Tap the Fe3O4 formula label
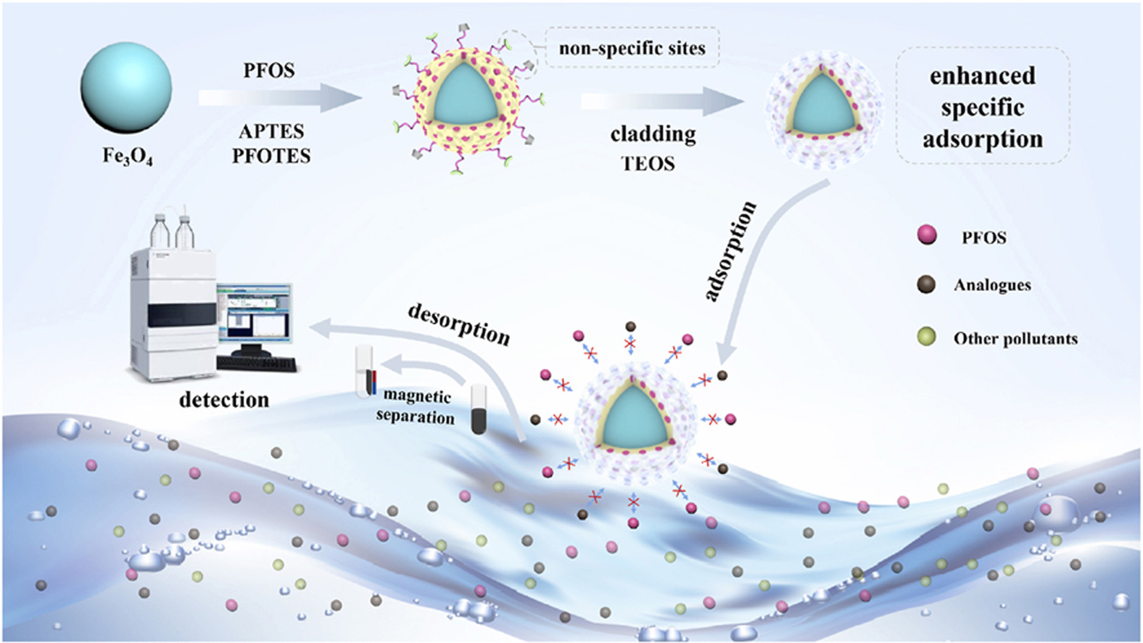(x=128, y=156)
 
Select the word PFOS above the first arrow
(x=269, y=70)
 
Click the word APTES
(x=271, y=131)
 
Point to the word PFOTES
(x=271, y=155)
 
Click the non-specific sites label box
(x=632, y=48)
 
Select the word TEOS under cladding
(x=648, y=163)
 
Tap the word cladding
(x=653, y=134)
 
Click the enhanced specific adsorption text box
(x=983, y=107)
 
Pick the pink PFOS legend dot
(x=927, y=235)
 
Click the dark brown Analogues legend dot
(x=926, y=284)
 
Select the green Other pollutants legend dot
(x=926, y=337)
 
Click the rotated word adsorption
(x=731, y=250)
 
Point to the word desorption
(x=459, y=323)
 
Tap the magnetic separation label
(x=416, y=406)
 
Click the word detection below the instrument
(x=223, y=399)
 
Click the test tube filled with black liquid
(x=479, y=409)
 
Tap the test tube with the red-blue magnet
(x=365, y=372)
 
